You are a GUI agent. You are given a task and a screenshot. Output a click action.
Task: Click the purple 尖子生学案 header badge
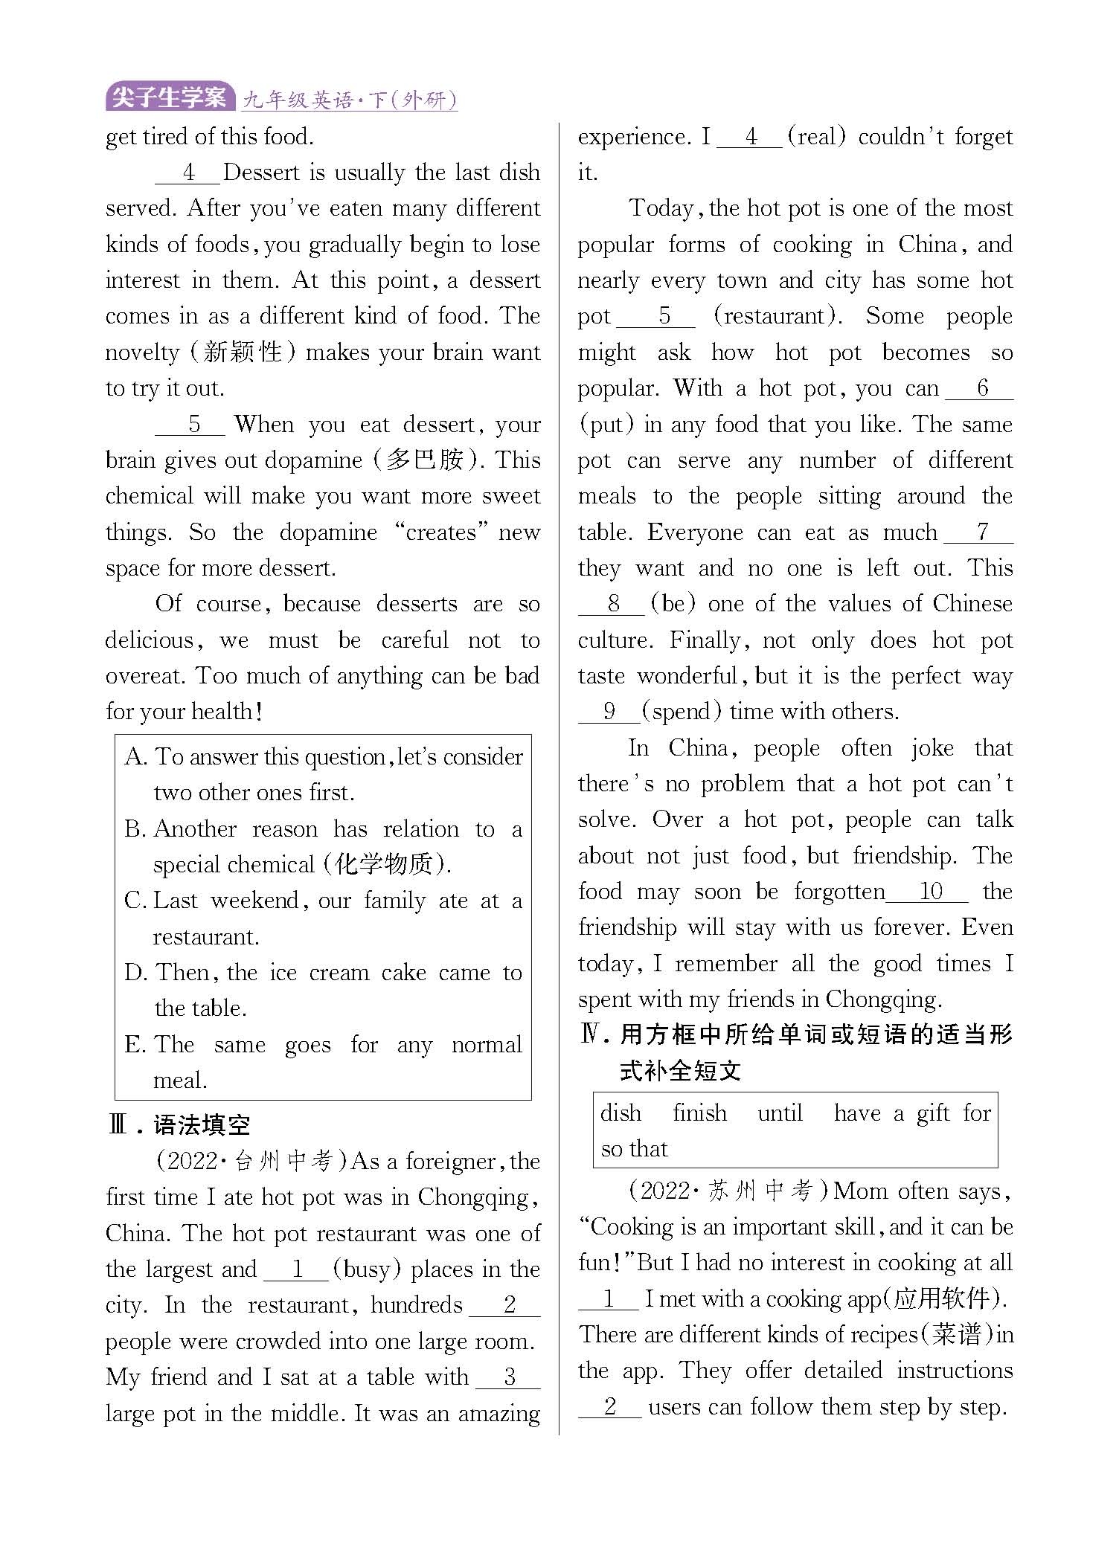click(x=170, y=97)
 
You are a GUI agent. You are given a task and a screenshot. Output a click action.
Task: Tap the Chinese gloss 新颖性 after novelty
click(x=242, y=352)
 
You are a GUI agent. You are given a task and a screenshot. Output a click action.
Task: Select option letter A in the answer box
click(x=135, y=757)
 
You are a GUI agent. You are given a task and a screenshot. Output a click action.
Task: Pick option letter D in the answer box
click(x=135, y=973)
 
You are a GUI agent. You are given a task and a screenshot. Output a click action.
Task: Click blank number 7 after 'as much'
click(x=982, y=532)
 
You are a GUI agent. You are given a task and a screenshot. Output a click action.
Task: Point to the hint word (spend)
click(x=682, y=712)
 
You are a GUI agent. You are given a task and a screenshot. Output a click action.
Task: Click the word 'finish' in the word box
click(x=699, y=1113)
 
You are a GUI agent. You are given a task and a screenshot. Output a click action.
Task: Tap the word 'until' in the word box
click(x=780, y=1113)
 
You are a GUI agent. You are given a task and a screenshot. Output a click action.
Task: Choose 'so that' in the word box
click(x=634, y=1149)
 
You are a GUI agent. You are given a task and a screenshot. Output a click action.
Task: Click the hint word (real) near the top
click(x=816, y=137)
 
